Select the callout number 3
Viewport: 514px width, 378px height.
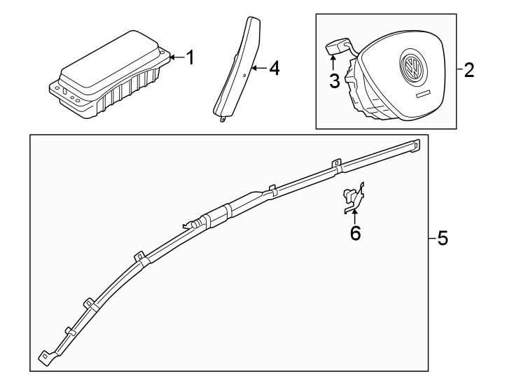[x=335, y=80]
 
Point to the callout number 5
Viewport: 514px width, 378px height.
[x=441, y=239]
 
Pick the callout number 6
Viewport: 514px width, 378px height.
[x=355, y=233]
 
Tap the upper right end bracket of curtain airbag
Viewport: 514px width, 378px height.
[x=415, y=145]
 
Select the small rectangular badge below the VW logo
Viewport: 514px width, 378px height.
[x=421, y=94]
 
